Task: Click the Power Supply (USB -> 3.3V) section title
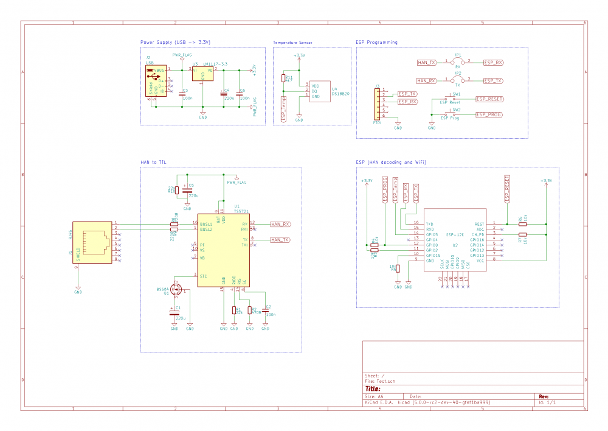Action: (x=174, y=43)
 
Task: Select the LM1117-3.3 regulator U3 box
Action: (x=202, y=74)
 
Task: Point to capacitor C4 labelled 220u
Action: (x=224, y=93)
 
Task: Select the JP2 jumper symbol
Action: (x=458, y=80)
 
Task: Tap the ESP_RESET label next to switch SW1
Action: (x=489, y=99)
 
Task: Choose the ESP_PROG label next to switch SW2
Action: (x=489, y=114)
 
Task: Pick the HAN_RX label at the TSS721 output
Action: (x=280, y=224)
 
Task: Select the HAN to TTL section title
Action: (x=154, y=162)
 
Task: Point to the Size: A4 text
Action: (x=375, y=396)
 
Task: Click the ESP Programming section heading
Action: (x=376, y=43)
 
